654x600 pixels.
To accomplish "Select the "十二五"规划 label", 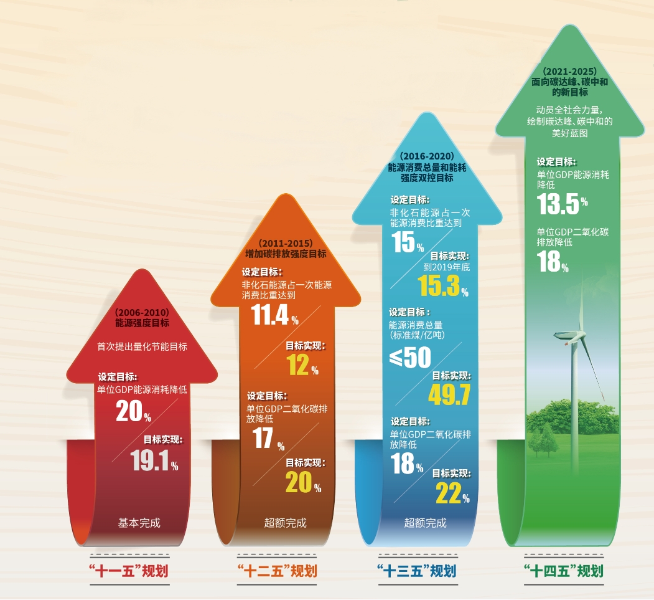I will click(x=278, y=570).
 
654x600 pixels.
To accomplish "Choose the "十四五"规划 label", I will click(x=564, y=570).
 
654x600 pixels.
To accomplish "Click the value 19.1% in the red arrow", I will click(x=154, y=460).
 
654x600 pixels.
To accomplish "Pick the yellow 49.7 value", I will click(x=449, y=394).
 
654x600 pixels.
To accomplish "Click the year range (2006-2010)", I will click(x=142, y=312).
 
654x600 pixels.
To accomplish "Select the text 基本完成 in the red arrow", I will click(x=139, y=523).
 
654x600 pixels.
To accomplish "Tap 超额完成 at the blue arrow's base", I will click(x=426, y=523).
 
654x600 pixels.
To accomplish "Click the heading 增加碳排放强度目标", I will click(x=286, y=254).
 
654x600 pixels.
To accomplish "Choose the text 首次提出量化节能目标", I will click(x=142, y=346).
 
